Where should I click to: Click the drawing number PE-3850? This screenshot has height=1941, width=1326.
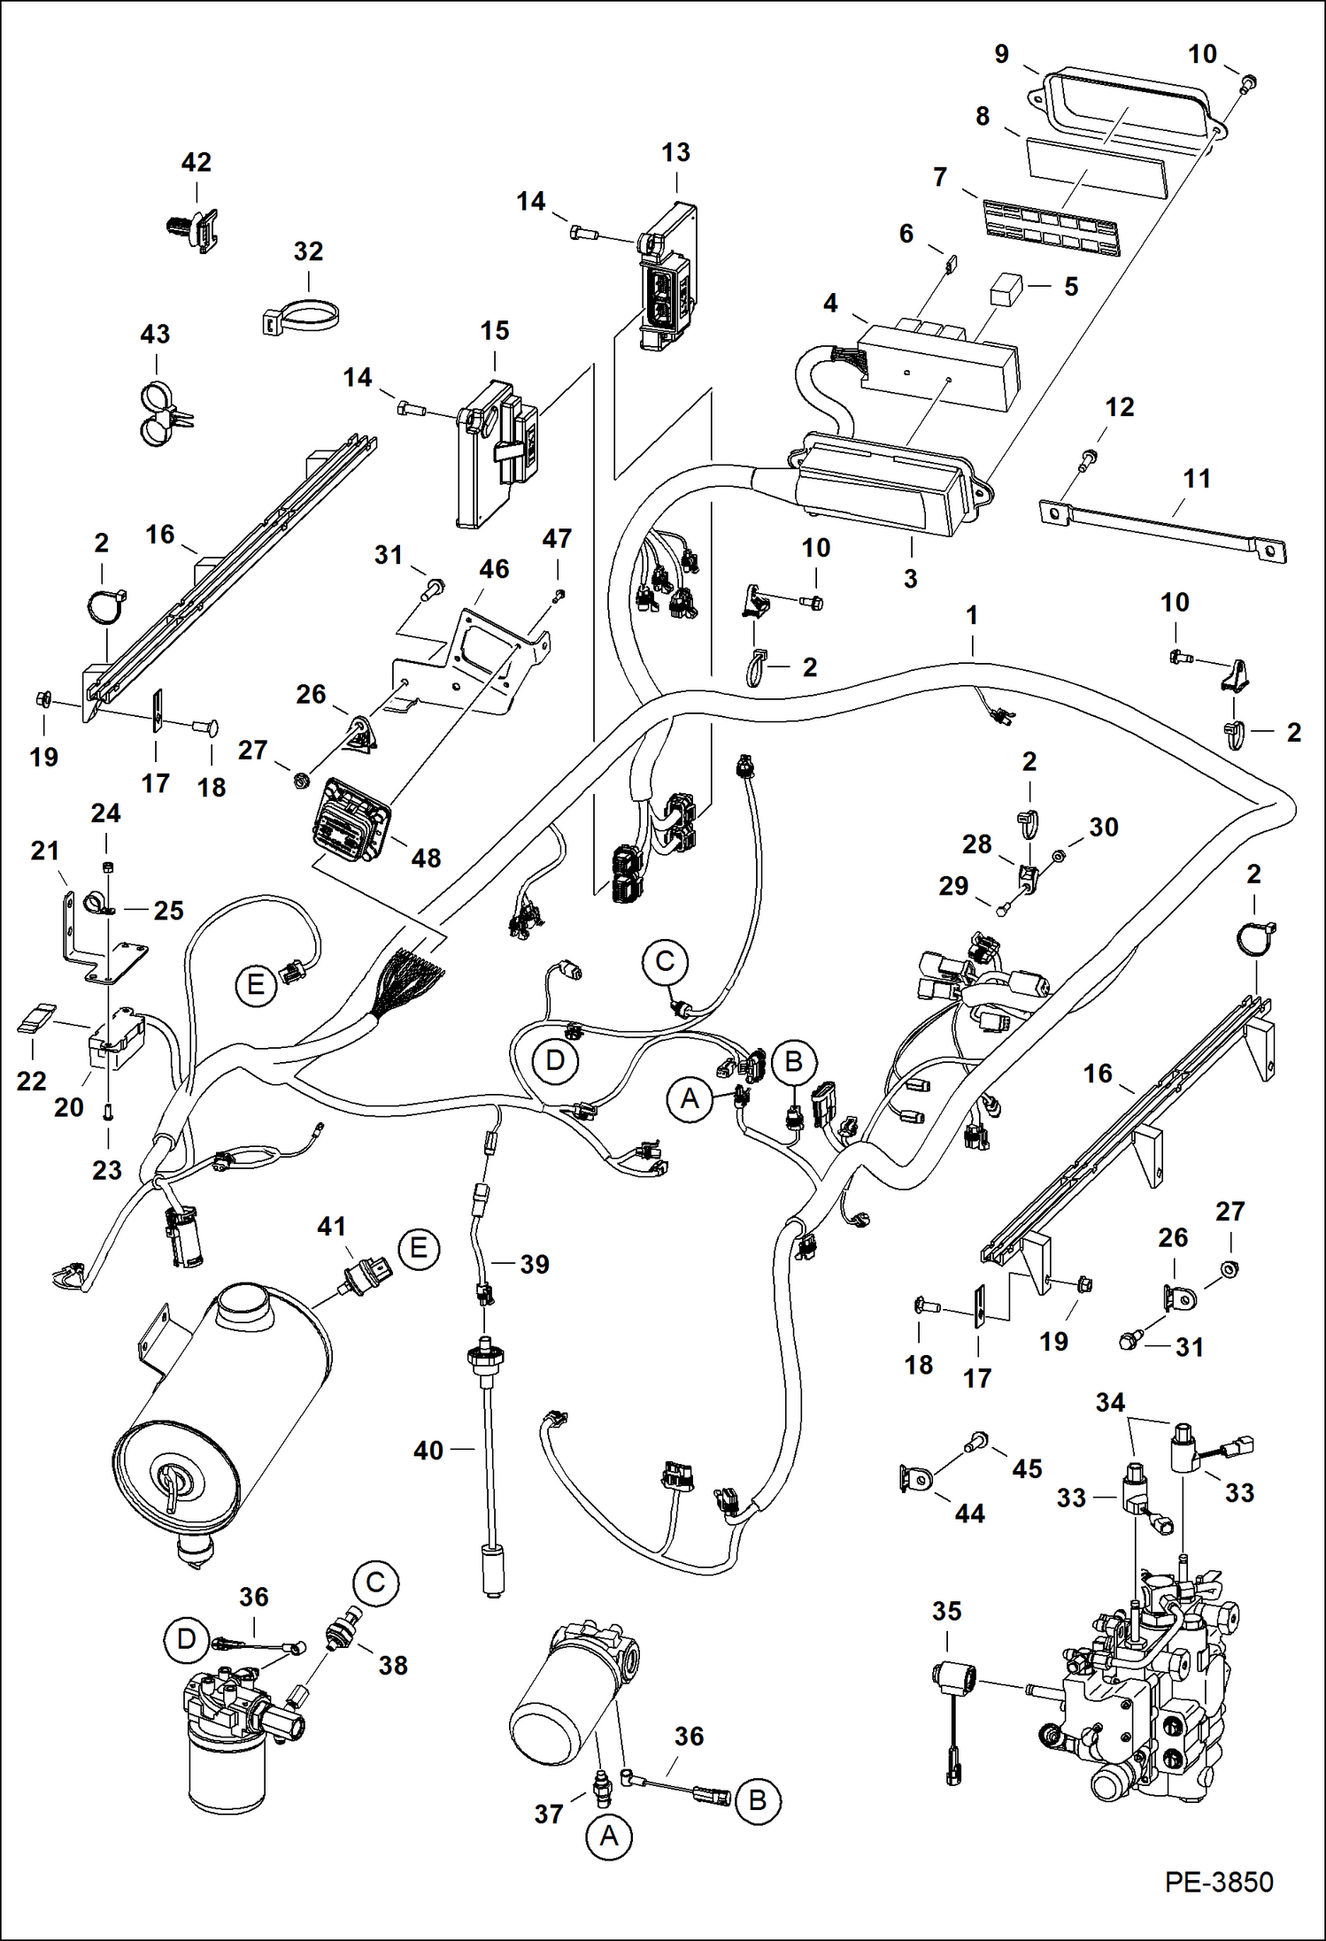[1218, 1882]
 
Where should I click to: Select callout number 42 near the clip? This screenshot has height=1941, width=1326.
[196, 163]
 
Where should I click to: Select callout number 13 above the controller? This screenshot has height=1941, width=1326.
[675, 152]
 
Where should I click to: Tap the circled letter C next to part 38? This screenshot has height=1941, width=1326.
[375, 1583]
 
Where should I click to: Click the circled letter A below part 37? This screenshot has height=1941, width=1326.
[609, 1837]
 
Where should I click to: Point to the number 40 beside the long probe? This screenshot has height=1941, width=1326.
[428, 1451]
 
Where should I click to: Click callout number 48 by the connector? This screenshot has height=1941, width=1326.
[426, 858]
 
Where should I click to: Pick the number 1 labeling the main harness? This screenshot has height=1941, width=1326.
[972, 615]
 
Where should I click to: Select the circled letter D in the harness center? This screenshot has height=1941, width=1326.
[555, 1060]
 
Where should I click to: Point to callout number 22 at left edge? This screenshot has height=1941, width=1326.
[31, 1081]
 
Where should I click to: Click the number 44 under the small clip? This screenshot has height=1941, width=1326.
[969, 1514]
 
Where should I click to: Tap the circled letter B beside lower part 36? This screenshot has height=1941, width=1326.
[758, 1800]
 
